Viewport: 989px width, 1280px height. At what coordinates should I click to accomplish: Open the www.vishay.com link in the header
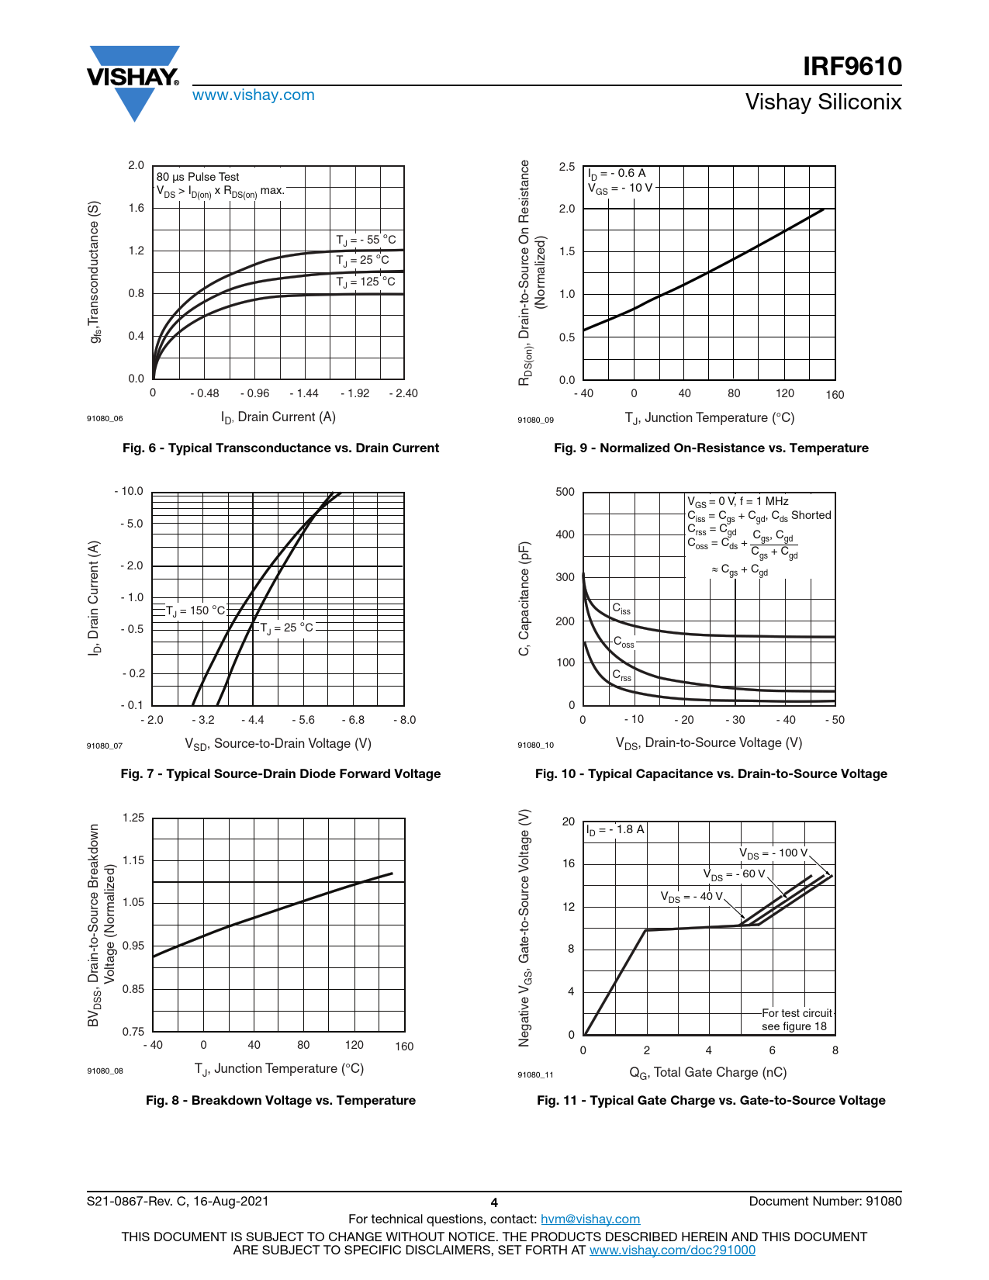(253, 95)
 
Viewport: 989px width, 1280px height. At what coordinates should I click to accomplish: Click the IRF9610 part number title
(852, 67)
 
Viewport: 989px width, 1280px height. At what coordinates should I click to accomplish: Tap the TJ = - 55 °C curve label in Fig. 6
(365, 240)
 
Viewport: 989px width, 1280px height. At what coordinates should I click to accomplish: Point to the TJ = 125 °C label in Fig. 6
(365, 282)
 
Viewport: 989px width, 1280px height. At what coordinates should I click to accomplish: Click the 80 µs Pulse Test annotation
(198, 177)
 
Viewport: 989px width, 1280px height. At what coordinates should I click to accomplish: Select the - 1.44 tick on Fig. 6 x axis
(304, 393)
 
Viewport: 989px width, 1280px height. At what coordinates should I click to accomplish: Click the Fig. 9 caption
(711, 448)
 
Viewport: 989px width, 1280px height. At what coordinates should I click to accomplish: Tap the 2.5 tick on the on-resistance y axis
(567, 167)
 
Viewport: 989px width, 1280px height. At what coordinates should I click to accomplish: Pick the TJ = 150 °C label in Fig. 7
(195, 611)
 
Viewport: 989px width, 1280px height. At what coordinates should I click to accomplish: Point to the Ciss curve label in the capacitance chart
(621, 609)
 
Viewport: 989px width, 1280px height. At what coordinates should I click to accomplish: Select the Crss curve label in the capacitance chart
(621, 676)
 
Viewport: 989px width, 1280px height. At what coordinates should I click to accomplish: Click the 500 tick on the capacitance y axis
(565, 492)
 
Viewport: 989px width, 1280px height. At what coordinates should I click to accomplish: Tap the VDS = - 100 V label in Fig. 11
(773, 853)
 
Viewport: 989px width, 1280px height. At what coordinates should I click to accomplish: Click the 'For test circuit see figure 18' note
(796, 1019)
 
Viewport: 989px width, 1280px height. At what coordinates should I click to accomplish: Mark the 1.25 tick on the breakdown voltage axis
(133, 818)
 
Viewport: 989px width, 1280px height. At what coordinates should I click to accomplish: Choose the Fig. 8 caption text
(281, 1100)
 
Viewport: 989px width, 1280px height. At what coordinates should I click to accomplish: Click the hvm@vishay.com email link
(590, 1219)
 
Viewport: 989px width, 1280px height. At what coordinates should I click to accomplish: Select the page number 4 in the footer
(494, 1202)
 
